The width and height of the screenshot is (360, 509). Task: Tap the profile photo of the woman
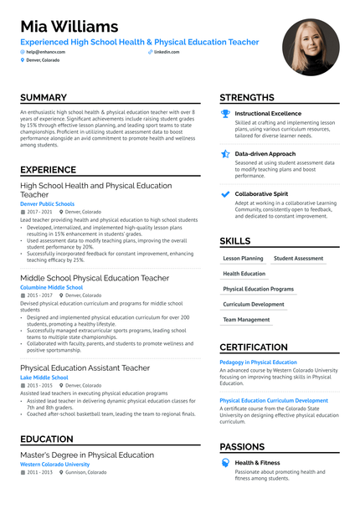click(311, 47)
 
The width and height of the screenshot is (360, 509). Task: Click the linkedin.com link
click(167, 52)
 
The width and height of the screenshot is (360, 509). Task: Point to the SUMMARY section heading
click(44, 98)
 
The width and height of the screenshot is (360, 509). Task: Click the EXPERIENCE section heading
click(48, 170)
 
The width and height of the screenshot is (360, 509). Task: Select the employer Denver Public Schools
click(47, 203)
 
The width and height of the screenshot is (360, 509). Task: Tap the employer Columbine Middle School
click(51, 287)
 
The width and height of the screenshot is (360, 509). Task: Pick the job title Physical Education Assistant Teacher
click(85, 368)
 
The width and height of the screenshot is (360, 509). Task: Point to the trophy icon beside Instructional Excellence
click(224, 113)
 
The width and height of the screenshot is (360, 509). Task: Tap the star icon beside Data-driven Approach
click(224, 154)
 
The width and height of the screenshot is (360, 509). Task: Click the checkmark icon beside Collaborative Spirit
click(224, 194)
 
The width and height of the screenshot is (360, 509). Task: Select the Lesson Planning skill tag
click(243, 259)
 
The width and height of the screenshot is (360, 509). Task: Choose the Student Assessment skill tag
click(298, 259)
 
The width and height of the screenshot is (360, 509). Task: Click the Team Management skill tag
click(246, 319)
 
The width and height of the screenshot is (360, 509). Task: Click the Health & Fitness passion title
click(258, 462)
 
